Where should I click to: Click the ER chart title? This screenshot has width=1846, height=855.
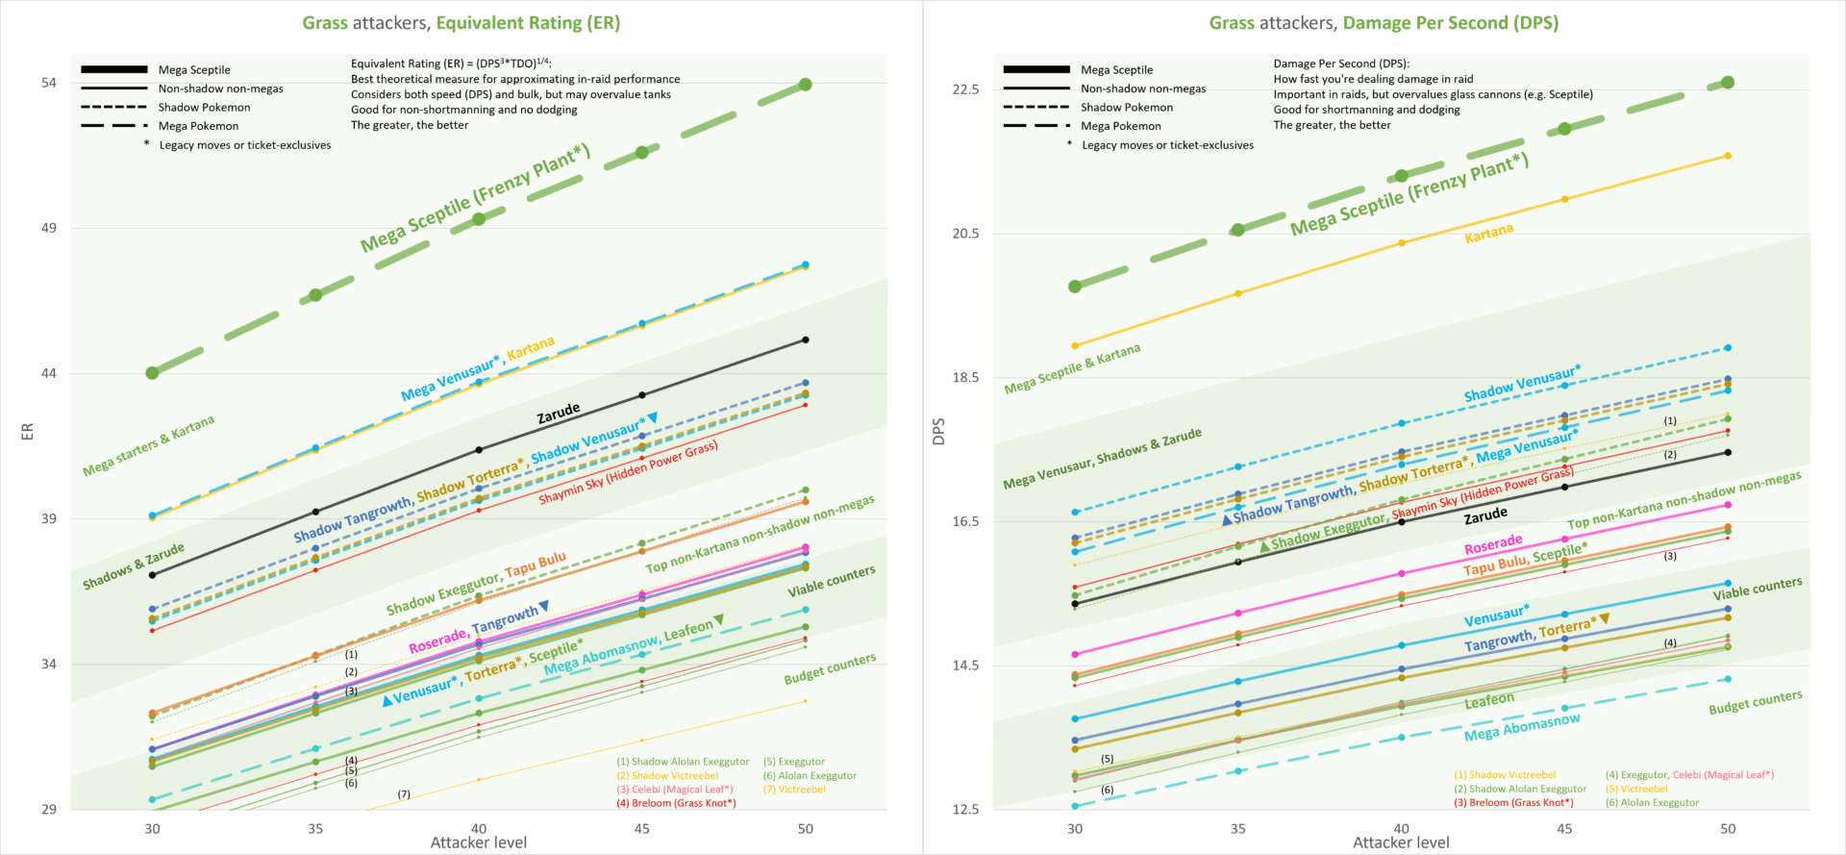461,23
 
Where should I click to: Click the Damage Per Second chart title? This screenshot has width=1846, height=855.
1384,23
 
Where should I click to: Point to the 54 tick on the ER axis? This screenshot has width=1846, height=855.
49,84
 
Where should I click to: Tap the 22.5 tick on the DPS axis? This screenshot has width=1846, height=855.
964,89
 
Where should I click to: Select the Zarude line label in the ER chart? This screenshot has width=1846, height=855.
559,414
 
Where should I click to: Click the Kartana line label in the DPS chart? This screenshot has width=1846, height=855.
1488,233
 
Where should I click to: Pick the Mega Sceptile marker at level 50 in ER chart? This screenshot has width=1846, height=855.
806,85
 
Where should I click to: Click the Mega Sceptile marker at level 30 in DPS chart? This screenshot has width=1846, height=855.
1075,287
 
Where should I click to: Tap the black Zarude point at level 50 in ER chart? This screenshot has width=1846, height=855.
806,339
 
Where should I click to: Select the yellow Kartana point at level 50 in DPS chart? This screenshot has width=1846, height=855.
1728,156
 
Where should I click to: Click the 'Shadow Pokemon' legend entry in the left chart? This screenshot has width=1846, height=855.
204,108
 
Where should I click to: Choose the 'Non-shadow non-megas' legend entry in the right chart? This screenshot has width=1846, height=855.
1143,88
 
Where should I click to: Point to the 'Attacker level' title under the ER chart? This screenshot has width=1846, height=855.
479,842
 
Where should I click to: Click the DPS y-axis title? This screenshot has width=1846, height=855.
939,431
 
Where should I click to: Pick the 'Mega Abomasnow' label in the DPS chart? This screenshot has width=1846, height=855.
1522,728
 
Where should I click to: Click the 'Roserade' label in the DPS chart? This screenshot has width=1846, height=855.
1493,545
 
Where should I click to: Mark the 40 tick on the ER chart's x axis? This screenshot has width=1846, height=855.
479,828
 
